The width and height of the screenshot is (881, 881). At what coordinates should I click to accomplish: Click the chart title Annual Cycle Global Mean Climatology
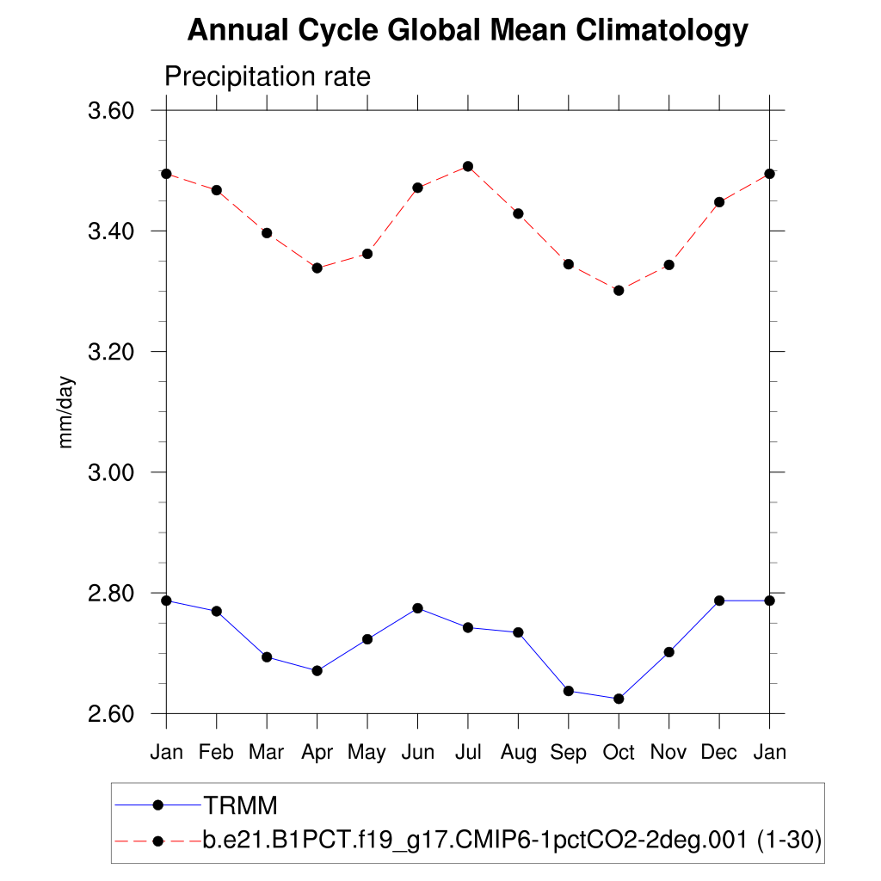click(x=467, y=31)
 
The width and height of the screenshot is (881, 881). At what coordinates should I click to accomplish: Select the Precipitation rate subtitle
click(x=267, y=77)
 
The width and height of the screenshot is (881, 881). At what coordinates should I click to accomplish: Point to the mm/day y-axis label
click(x=66, y=412)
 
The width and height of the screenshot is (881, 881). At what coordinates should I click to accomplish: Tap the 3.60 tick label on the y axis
click(x=112, y=111)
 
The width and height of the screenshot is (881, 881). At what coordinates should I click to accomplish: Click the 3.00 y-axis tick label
click(x=112, y=472)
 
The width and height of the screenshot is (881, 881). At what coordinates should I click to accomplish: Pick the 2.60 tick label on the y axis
click(x=112, y=714)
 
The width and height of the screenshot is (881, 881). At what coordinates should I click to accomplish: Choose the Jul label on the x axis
click(x=468, y=752)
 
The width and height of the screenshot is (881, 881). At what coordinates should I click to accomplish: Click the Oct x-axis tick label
click(x=619, y=752)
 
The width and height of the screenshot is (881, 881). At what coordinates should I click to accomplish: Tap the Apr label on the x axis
click(x=317, y=753)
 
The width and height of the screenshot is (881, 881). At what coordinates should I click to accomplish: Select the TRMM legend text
click(x=240, y=806)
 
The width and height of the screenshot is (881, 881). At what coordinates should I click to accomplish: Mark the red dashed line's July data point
click(x=468, y=166)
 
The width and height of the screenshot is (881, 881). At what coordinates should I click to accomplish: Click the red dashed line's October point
click(x=619, y=291)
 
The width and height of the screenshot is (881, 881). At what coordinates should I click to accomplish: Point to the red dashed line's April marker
click(x=317, y=268)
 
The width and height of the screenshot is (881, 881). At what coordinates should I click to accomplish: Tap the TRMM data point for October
click(x=619, y=699)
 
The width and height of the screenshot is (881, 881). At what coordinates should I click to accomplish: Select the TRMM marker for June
click(x=417, y=608)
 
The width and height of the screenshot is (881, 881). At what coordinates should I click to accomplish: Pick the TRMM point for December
click(x=719, y=601)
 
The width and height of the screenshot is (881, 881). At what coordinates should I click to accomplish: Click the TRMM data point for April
click(x=317, y=670)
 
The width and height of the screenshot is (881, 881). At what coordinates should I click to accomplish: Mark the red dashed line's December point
click(x=719, y=202)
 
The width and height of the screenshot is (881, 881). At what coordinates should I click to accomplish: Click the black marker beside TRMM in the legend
click(x=157, y=805)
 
